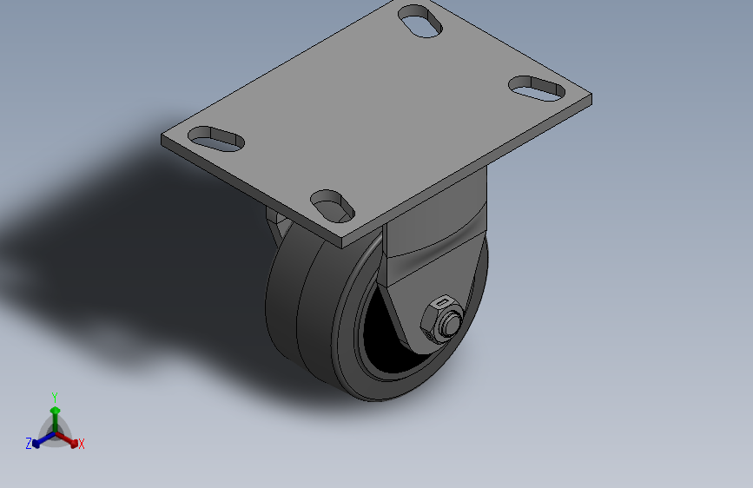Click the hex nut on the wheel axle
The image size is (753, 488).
pyautogui.click(x=441, y=320)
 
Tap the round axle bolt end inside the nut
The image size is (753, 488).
pyautogui.click(x=451, y=323)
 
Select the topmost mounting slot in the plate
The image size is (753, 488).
pyautogui.click(x=420, y=21)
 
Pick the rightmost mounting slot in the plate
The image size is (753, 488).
pyautogui.click(x=537, y=89)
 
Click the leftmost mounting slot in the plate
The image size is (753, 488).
pyautogui.click(x=216, y=139)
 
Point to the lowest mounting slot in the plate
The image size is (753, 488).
pyautogui.click(x=333, y=207)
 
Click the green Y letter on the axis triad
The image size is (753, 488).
pyautogui.click(x=55, y=397)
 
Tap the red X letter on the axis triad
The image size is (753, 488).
pyautogui.click(x=81, y=445)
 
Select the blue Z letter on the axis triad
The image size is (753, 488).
pyautogui.click(x=29, y=444)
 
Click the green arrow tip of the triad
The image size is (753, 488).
pyautogui.click(x=56, y=411)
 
